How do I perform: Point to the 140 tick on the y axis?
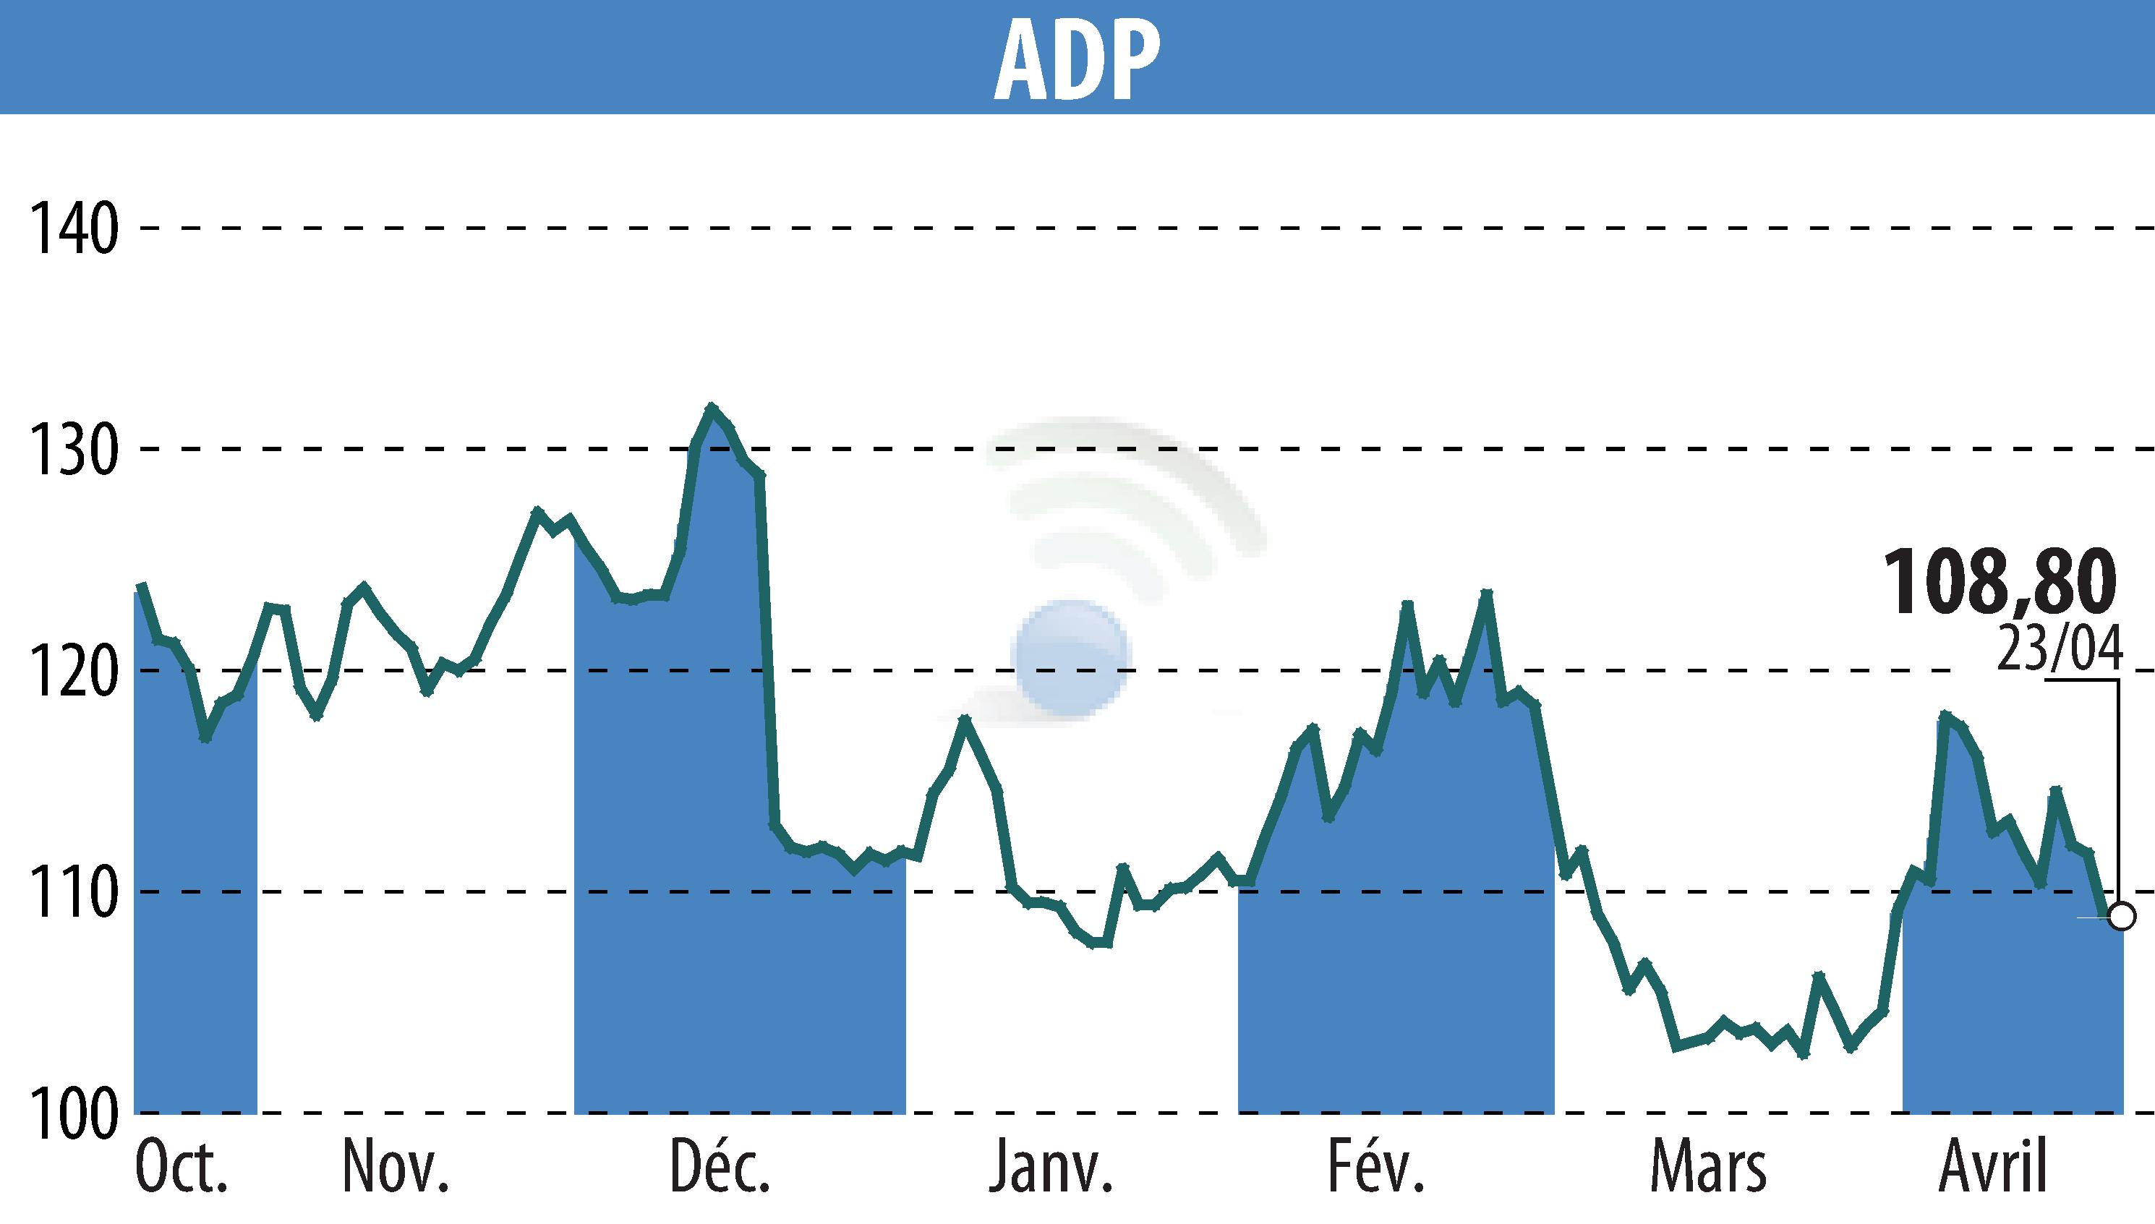[73, 228]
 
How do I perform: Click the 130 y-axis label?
[73, 450]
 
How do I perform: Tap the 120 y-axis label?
[73, 671]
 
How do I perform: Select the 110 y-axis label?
[73, 893]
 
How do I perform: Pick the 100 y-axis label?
[73, 1114]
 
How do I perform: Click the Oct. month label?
[182, 1169]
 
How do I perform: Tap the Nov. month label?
[395, 1169]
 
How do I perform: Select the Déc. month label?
[720, 1169]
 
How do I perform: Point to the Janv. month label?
[1051, 1169]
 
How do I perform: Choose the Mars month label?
[1709, 1169]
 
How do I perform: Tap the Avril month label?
[1993, 1169]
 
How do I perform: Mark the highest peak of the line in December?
[712, 408]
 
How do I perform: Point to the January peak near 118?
[965, 719]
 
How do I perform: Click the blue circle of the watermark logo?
[1070, 658]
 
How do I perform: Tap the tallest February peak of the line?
[1485, 594]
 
